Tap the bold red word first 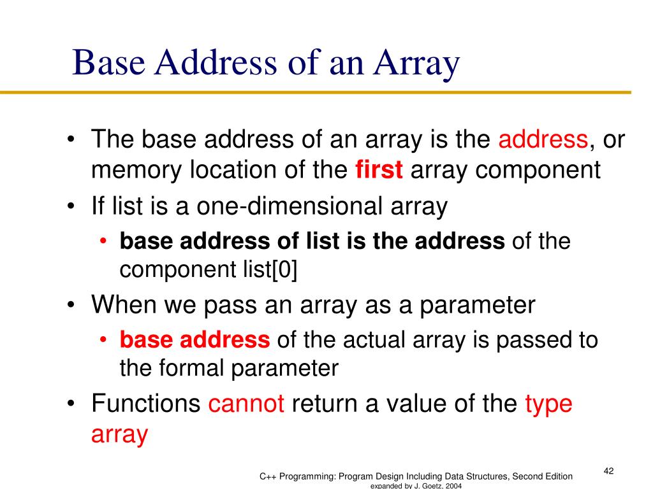point(379,170)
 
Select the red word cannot point(246,404)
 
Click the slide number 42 point(608,471)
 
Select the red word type point(548,404)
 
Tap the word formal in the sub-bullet point(198,368)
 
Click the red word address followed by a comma point(543,138)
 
